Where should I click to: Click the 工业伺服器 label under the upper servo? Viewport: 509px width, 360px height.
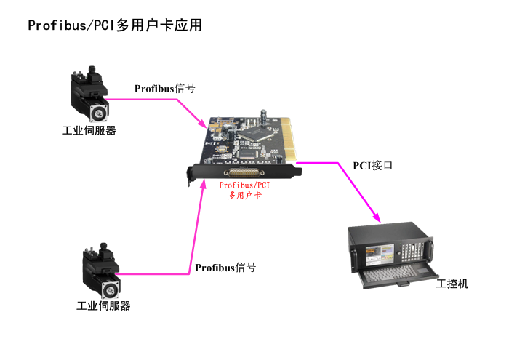pos(89,131)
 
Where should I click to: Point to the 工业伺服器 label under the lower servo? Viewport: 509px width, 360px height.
pos(103,306)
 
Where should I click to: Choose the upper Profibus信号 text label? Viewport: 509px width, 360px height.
pos(164,89)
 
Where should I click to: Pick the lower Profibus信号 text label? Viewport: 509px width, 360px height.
pos(225,268)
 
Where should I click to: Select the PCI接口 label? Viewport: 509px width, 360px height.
pos(373,165)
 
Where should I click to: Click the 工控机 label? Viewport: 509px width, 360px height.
pos(452,284)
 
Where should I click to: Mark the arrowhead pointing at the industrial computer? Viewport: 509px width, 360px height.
pos(377,217)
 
